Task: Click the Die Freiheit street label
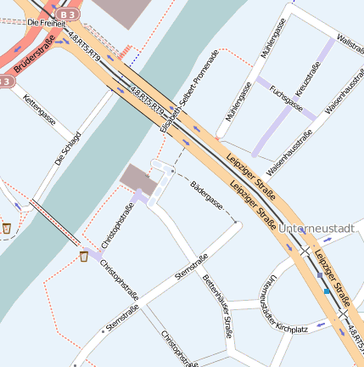point(47,23)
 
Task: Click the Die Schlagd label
point(67,148)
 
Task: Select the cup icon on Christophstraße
point(84,257)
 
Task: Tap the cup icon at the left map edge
point(7,228)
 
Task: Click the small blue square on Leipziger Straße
point(326,291)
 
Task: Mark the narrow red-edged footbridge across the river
point(54,220)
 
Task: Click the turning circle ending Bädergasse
point(238,225)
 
